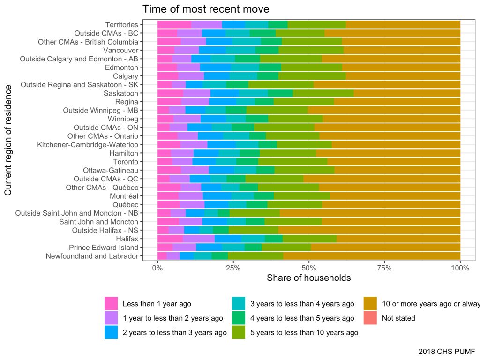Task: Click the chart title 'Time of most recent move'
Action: pos(206,9)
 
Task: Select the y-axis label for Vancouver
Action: pos(120,50)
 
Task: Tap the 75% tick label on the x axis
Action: pos(384,268)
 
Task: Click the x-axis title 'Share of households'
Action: pos(308,278)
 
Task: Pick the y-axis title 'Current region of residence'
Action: pos(8,140)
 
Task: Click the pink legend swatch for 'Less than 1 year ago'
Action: pos(111,304)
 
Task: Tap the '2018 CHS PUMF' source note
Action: pos(447,351)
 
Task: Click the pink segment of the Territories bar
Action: pos(174,24)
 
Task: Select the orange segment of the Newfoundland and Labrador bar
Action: pos(372,256)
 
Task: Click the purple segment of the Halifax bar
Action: pos(198,239)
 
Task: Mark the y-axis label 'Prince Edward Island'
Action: pos(104,247)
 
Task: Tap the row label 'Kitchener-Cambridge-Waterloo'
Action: pos(88,144)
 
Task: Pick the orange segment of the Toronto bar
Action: pos(394,162)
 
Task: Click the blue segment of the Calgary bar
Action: pos(217,76)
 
